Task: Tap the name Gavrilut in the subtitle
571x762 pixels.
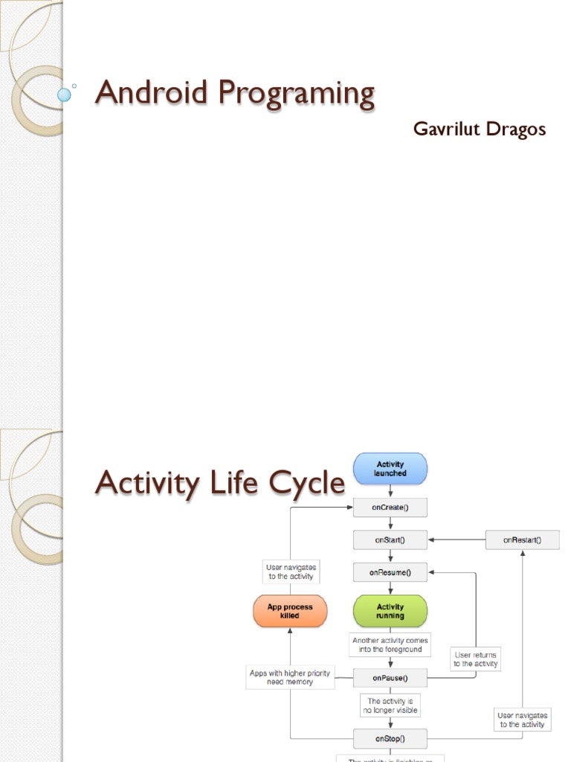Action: coord(445,129)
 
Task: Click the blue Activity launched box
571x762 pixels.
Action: coord(390,468)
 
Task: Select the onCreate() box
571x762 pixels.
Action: coord(390,508)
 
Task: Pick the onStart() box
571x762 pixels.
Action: coord(390,540)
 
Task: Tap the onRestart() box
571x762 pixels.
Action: coord(522,540)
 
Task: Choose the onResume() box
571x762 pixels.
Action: coord(390,572)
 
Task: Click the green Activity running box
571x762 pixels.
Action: coord(390,611)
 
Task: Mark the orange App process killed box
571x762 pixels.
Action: coord(290,611)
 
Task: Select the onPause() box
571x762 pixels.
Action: coord(390,677)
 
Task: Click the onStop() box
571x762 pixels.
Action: coord(390,738)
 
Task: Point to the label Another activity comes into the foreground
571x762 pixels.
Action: coord(390,644)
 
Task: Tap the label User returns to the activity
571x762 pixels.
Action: coord(476,659)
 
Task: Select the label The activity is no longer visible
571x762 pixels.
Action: coord(390,705)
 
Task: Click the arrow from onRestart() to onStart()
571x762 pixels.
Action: coord(457,540)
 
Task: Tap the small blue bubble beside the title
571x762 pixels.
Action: coord(65,95)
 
